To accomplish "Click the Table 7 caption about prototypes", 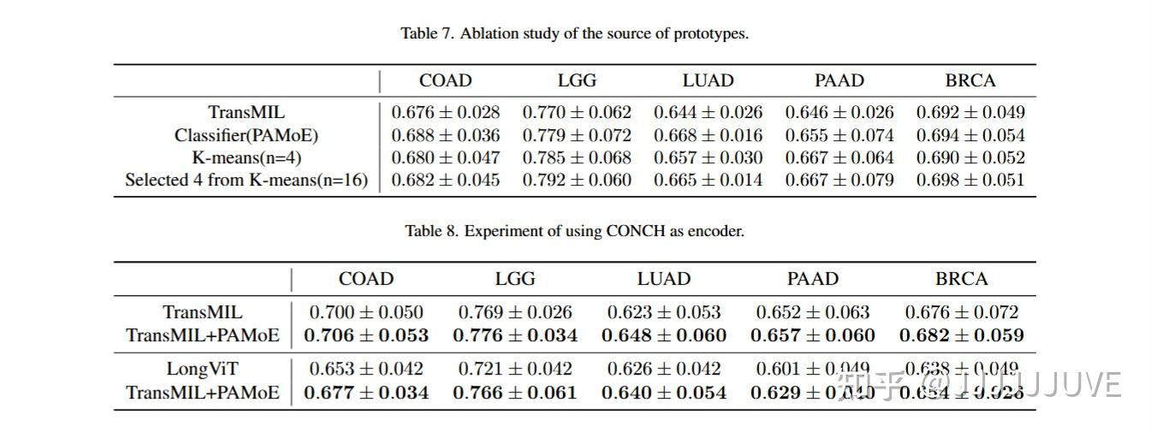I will click(574, 34).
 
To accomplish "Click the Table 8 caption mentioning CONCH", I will click(574, 232).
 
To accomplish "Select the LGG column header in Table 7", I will click(577, 81).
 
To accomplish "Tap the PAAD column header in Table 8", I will click(812, 280).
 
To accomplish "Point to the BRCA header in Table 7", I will click(970, 81).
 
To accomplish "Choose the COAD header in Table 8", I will click(366, 280).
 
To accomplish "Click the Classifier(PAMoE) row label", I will click(246, 135).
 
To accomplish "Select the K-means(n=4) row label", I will click(246, 158).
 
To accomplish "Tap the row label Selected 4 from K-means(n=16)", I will click(246, 180).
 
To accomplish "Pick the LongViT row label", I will click(203, 370).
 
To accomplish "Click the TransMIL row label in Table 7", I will click(246, 112).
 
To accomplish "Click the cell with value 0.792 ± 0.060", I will click(577, 180).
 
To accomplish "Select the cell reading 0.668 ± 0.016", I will click(708, 135).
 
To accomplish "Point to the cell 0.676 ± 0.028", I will click(445, 112).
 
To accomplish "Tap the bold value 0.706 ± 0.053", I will click(366, 335).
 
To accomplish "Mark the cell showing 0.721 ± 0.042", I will click(515, 370).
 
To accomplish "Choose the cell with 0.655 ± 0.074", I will click(840, 135).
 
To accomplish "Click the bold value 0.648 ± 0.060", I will click(664, 335).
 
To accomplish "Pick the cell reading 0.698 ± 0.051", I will click(970, 180).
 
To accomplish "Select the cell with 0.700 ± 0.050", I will click(366, 313).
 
